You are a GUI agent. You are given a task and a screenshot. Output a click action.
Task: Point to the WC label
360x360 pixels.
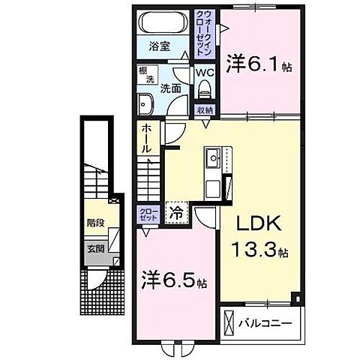(204, 73)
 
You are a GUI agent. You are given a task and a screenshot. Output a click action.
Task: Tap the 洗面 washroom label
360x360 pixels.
(170, 88)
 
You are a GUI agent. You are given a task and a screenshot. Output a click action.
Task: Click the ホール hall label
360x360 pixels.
(146, 139)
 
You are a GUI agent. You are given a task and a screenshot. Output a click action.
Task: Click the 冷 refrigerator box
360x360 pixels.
(178, 211)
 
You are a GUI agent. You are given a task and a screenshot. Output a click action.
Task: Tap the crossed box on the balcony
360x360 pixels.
(229, 324)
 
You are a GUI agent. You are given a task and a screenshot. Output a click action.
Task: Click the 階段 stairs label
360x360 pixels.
(95, 222)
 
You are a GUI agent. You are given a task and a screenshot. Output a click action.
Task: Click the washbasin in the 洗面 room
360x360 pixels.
(145, 103)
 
